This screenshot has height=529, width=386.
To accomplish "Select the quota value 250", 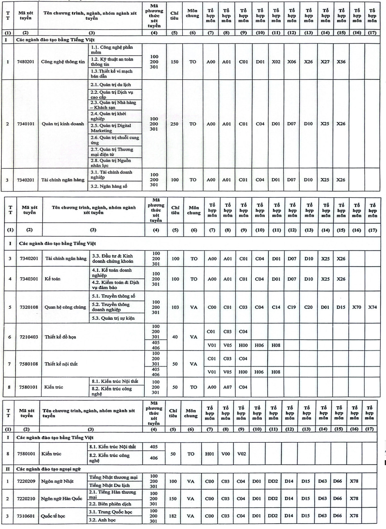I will [174, 124].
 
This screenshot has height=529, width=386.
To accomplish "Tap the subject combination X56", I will [341, 62].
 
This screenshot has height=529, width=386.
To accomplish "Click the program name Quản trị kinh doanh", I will [63, 124].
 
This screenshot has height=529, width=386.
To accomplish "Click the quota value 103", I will [175, 307].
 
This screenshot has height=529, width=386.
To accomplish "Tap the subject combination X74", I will [372, 307].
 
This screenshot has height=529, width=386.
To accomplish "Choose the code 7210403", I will [29, 337].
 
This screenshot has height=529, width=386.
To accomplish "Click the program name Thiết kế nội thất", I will [61, 364].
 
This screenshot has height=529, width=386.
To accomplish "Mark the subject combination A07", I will [227, 387].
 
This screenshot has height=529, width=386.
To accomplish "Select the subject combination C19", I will [292, 307].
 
